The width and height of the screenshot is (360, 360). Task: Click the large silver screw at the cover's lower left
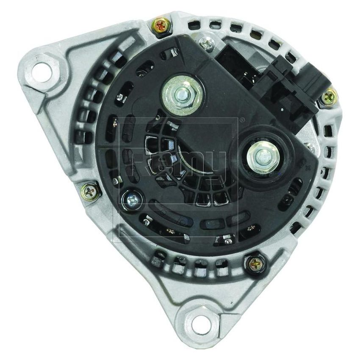(132, 197)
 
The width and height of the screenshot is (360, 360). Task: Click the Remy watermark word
(178, 163)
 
